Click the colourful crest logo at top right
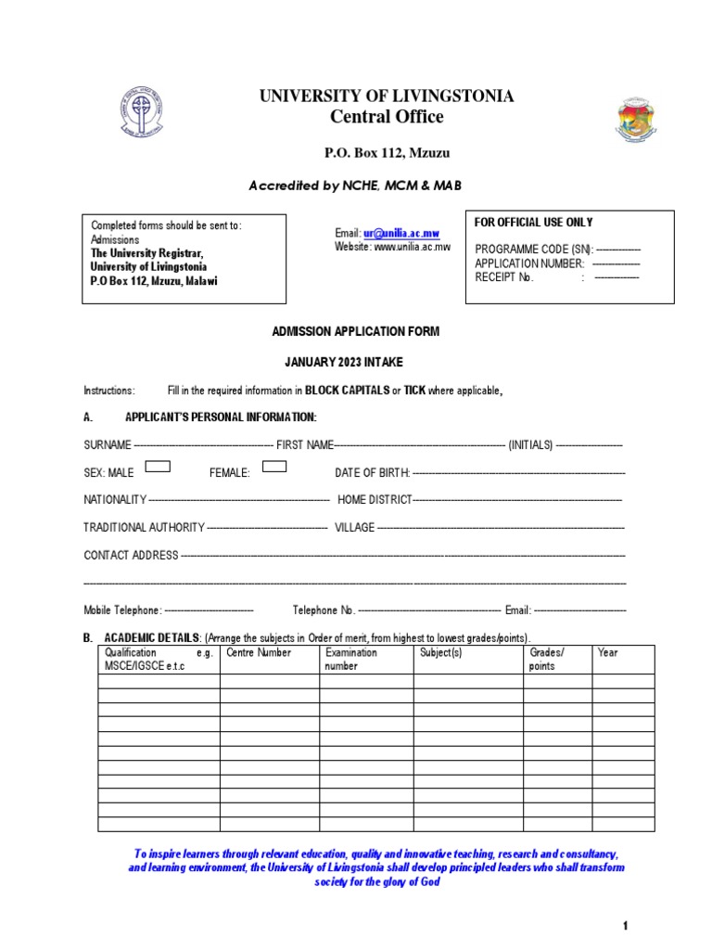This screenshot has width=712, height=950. click(x=635, y=120)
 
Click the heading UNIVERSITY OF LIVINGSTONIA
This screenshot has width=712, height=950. click(x=387, y=96)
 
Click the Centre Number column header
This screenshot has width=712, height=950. click(x=259, y=653)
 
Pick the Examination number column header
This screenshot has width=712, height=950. click(x=351, y=659)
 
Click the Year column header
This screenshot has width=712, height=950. click(x=608, y=653)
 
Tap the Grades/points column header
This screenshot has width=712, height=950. click(x=546, y=659)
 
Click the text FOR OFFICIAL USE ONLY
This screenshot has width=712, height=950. click(x=534, y=223)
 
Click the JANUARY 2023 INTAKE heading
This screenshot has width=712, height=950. click(x=356, y=362)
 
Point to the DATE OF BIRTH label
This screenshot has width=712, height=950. click(x=372, y=473)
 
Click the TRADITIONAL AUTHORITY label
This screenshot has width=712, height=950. click(x=144, y=528)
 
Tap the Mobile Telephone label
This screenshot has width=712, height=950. click(x=122, y=610)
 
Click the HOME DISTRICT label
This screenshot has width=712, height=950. click(x=375, y=500)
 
